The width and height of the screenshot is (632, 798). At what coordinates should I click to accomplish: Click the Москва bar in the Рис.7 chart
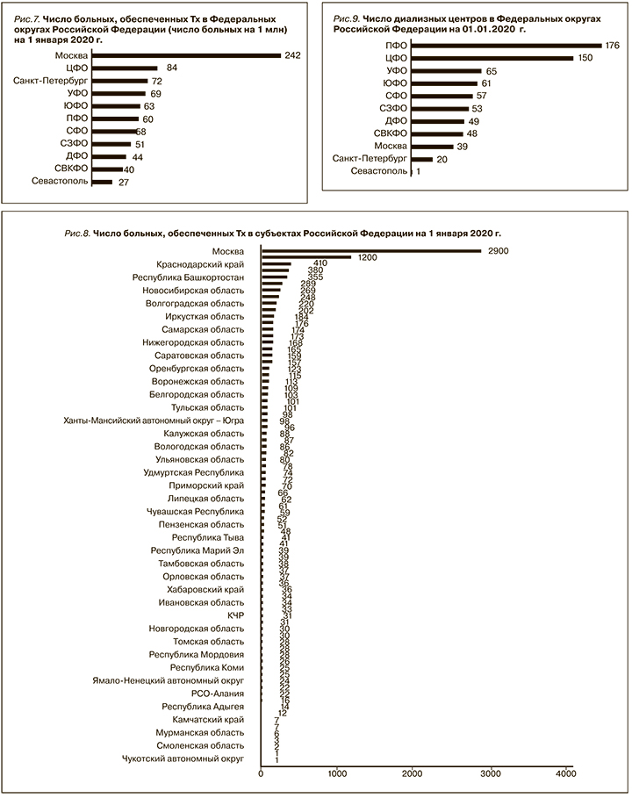tap(186, 55)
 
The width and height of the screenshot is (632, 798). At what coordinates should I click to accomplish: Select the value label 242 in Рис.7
tap(292, 55)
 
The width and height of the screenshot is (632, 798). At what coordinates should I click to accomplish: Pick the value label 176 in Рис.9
tap(613, 46)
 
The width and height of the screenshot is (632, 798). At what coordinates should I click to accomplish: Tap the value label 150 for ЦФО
tap(584, 58)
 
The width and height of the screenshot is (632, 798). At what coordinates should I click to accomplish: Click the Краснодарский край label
tap(200, 263)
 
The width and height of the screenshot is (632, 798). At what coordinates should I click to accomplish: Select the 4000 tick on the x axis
tap(565, 773)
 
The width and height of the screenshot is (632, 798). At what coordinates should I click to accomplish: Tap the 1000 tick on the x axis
tap(337, 773)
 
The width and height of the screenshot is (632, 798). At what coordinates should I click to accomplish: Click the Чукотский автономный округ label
tap(184, 758)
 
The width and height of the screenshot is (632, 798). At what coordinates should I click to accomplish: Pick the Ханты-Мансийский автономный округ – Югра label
tap(154, 421)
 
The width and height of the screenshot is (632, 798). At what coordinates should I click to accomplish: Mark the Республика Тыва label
tap(208, 537)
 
